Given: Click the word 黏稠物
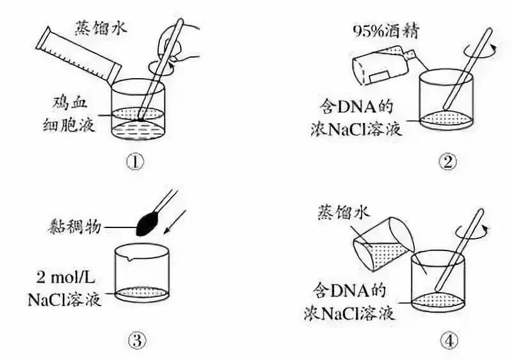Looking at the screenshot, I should pos(71,225).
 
